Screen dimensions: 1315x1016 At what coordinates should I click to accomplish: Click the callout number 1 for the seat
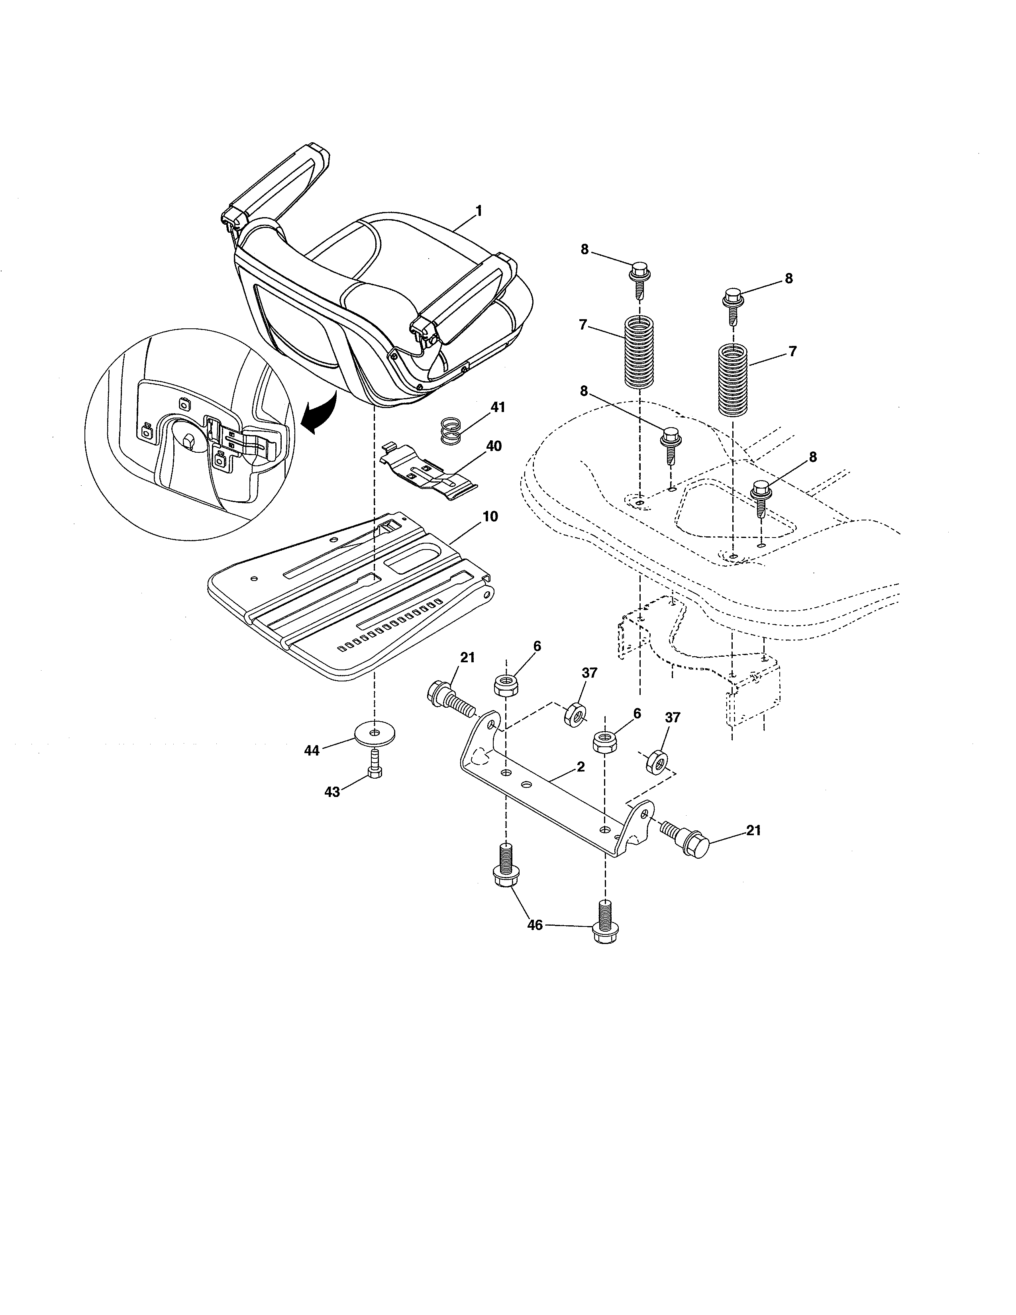coord(479,211)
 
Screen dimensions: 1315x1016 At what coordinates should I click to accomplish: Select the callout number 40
coord(494,446)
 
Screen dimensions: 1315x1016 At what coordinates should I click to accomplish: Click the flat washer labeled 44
coord(376,733)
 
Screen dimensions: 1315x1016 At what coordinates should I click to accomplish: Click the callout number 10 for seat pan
coord(490,516)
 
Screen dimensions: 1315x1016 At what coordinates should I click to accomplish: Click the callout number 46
coord(534,925)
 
